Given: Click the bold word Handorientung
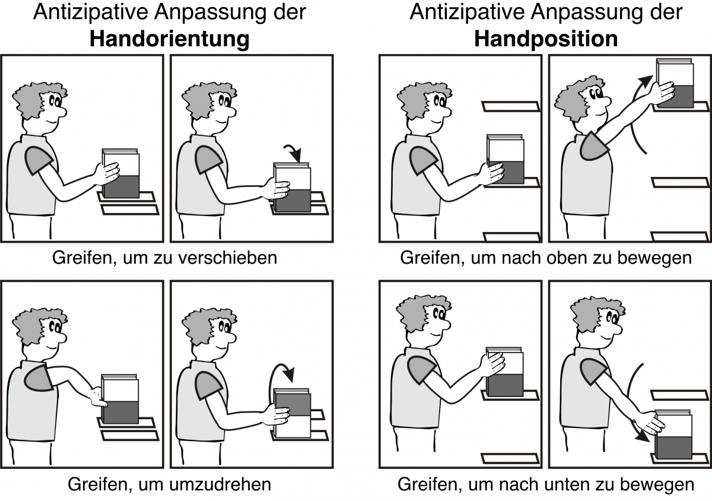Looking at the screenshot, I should pos(169,39).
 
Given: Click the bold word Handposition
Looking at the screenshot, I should pos(546,39).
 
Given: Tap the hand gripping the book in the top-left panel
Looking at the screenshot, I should pos(107,172).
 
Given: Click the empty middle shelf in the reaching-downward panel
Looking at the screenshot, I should pos(679,395).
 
